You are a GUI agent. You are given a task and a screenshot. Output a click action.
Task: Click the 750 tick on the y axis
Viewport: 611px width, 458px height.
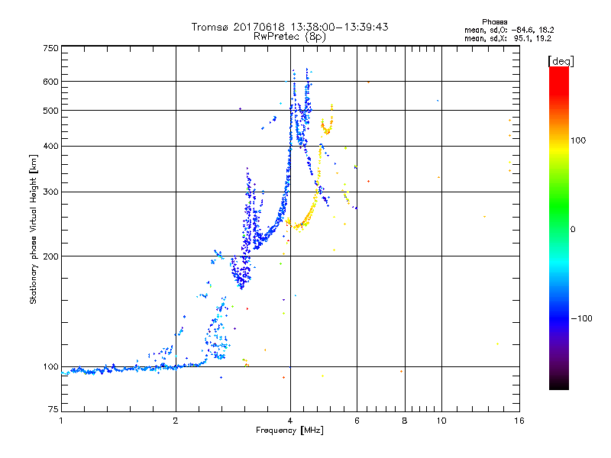pyautogui.click(x=50, y=47)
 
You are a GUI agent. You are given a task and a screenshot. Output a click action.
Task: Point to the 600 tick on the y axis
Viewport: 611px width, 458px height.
pyautogui.click(x=50, y=81)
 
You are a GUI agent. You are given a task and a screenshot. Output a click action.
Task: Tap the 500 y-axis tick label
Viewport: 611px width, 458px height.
pyautogui.click(x=50, y=110)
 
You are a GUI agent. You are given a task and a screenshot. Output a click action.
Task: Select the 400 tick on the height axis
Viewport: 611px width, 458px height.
pyautogui.click(x=50, y=146)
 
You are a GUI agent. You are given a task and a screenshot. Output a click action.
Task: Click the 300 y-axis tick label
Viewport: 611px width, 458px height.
pyautogui.click(x=50, y=192)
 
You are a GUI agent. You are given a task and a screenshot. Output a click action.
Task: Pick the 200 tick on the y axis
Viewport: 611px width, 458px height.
pyautogui.click(x=50, y=256)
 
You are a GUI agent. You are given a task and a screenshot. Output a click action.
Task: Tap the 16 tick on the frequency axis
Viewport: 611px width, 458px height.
pyautogui.click(x=519, y=421)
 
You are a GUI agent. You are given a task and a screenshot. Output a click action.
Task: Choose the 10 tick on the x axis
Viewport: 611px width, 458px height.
pyautogui.click(x=441, y=421)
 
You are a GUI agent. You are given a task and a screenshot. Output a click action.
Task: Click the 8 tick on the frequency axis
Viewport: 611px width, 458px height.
pyautogui.click(x=405, y=421)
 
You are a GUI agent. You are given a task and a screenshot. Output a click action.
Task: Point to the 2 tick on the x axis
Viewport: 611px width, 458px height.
pyautogui.click(x=176, y=421)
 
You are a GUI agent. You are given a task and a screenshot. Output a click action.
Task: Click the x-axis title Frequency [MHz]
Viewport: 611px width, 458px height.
pyautogui.click(x=290, y=431)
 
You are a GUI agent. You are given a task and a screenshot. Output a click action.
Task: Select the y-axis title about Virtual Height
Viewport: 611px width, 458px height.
pyautogui.click(x=33, y=229)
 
